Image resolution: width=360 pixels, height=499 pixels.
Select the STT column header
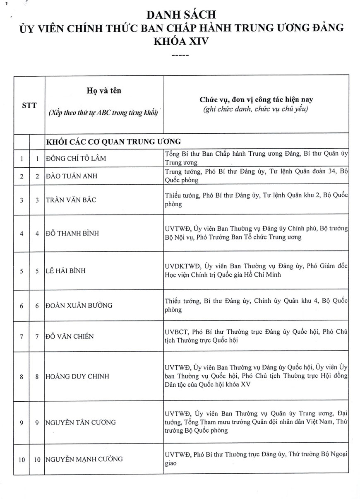[x=29, y=105]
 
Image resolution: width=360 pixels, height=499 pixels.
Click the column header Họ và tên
[x=104, y=91]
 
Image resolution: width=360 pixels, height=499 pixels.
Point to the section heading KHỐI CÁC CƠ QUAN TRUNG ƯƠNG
[x=113, y=142]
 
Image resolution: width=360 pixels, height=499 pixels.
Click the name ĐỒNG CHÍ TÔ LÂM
[x=74, y=158]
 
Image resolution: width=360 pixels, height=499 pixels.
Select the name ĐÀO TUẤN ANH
[x=72, y=176]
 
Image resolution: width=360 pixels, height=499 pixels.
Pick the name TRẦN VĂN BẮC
[x=71, y=200]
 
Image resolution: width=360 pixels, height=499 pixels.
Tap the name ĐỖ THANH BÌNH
[x=72, y=233]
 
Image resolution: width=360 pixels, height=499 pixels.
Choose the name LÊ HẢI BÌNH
[x=67, y=271]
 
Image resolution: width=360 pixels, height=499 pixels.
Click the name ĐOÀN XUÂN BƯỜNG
[x=79, y=306]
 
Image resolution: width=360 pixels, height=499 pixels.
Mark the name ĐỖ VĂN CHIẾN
[x=70, y=336]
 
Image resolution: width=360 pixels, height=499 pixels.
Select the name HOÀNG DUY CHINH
[x=77, y=376]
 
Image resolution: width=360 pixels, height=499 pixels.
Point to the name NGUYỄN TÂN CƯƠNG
[x=80, y=422]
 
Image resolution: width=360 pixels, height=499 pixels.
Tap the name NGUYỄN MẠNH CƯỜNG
[x=84, y=459]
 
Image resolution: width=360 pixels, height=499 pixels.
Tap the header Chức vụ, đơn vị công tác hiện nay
[x=256, y=100]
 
